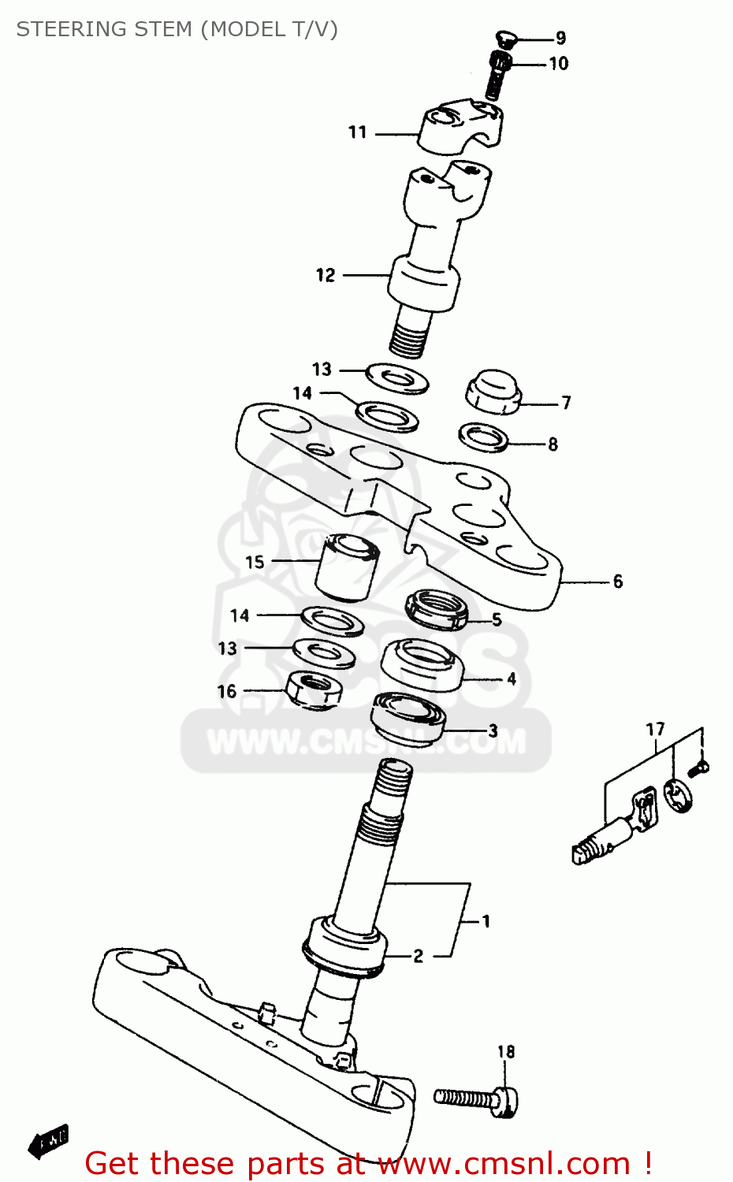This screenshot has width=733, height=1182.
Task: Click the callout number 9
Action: click(560, 38)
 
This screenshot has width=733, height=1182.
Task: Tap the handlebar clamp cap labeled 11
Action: click(460, 125)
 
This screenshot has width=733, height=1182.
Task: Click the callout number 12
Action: click(326, 275)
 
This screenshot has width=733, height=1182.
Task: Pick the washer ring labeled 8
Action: click(484, 437)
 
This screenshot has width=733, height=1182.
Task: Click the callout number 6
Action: click(618, 582)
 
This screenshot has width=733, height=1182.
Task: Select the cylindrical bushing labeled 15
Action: click(348, 567)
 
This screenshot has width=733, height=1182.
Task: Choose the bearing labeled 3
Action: click(408, 716)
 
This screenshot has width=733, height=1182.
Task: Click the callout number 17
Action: click(656, 730)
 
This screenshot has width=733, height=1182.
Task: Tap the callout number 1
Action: click(486, 920)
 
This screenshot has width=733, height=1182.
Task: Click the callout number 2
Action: click(419, 956)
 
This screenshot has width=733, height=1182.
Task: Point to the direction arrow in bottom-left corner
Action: click(48, 1141)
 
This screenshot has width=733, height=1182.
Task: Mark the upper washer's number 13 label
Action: click(322, 370)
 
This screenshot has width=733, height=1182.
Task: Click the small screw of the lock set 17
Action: click(698, 767)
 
